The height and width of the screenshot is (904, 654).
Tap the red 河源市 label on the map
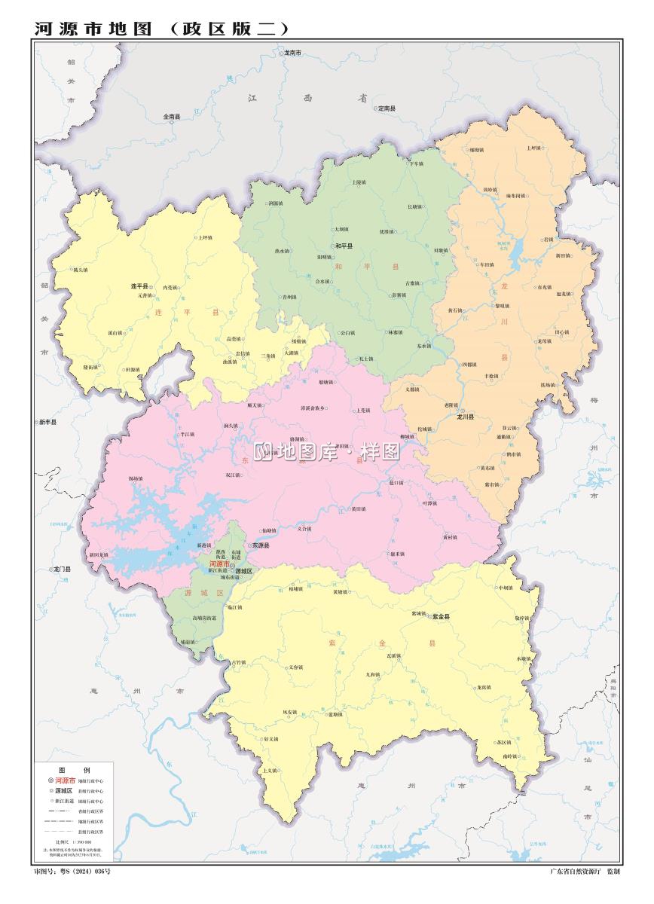(x=219, y=563)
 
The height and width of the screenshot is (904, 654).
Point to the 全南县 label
(x=172, y=117)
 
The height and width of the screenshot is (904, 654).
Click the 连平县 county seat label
(x=140, y=287)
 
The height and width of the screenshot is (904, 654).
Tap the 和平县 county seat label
(x=344, y=246)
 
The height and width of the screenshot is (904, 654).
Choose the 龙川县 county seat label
(x=465, y=417)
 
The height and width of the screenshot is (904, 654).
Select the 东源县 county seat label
(x=261, y=545)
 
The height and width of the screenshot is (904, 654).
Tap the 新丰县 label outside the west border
(x=48, y=422)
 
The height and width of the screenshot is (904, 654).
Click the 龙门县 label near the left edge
(x=62, y=570)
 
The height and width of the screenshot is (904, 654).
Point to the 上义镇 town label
(x=270, y=771)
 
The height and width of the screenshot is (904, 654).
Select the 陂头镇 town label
(x=80, y=269)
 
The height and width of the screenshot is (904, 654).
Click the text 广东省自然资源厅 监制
(x=585, y=872)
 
